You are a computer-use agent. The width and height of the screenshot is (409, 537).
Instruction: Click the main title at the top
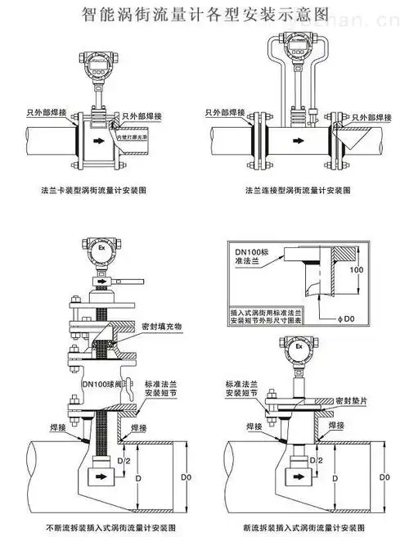click(x=204, y=14)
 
